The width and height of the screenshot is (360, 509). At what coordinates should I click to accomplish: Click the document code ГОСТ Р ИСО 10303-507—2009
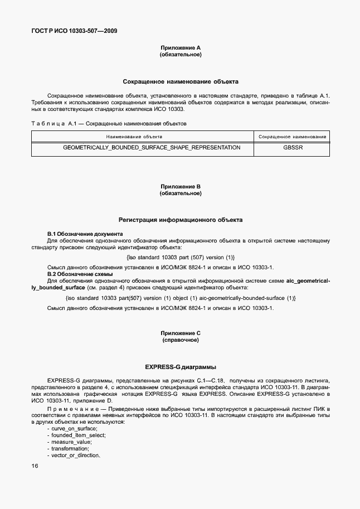74,31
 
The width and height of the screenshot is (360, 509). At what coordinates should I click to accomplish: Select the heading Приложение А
180,49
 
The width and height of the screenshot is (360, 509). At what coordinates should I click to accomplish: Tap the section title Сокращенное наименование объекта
180,81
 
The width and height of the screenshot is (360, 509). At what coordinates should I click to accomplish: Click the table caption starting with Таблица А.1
109,123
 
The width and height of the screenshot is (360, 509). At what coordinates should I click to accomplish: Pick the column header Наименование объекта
142,137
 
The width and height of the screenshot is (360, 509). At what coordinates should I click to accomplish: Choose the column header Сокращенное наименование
293,137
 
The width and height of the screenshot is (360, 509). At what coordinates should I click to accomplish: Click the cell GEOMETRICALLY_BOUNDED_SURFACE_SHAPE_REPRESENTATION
152,148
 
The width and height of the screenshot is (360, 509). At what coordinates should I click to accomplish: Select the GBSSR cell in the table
293,148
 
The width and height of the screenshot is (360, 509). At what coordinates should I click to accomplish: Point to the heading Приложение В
180,187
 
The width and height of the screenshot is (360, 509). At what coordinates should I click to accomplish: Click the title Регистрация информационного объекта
180,220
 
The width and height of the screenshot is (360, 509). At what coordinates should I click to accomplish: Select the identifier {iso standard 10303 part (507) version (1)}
181,257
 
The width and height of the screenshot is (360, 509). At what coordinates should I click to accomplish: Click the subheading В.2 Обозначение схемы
81,274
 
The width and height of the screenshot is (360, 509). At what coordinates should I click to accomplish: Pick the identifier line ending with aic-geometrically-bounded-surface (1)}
181,298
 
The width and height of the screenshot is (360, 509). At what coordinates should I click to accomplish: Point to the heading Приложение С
180,333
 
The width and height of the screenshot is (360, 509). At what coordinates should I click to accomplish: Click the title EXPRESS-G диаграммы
180,367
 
